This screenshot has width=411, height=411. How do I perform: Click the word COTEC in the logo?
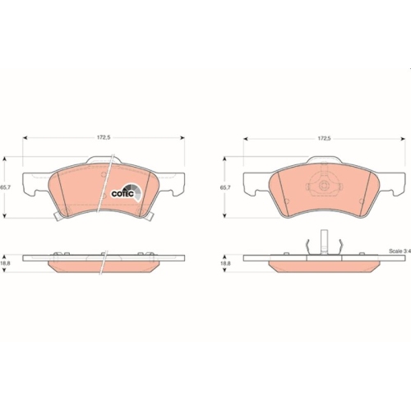122,194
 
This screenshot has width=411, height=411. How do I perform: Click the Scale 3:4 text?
399,251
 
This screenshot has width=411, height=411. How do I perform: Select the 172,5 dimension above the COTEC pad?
104,137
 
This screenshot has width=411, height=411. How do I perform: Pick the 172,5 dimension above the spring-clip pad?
324,139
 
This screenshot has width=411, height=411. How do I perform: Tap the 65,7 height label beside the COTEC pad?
4,187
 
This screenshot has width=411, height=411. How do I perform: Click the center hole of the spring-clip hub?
324,186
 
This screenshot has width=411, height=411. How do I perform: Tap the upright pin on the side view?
324,241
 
